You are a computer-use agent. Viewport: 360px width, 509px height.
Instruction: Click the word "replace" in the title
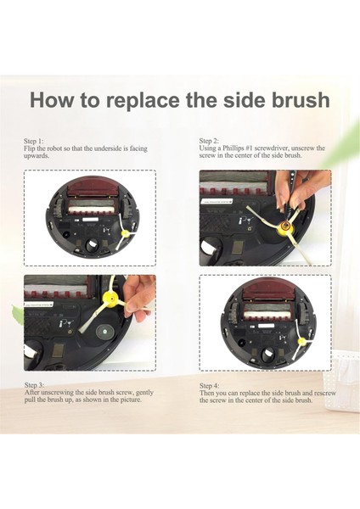[x=143, y=101]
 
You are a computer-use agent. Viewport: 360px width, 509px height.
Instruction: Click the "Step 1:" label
[x=33, y=141]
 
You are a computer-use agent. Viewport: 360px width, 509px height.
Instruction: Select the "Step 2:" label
[x=209, y=141]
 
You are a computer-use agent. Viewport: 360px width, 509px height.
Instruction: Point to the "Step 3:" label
[x=34, y=385]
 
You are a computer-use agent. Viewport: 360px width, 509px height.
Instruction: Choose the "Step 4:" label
[x=209, y=386]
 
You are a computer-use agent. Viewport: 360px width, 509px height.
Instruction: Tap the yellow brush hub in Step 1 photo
[x=125, y=232]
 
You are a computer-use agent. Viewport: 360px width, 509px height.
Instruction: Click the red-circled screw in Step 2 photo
[x=286, y=226]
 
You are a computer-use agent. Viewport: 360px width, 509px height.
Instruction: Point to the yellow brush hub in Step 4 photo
[x=302, y=341]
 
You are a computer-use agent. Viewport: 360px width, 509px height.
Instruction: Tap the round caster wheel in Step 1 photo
[x=92, y=246]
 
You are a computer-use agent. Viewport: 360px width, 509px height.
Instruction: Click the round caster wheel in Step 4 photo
[x=268, y=354]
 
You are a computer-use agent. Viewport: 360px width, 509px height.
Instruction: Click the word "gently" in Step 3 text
[x=144, y=393]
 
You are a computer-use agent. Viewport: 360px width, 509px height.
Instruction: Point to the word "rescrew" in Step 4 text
[x=325, y=393]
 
